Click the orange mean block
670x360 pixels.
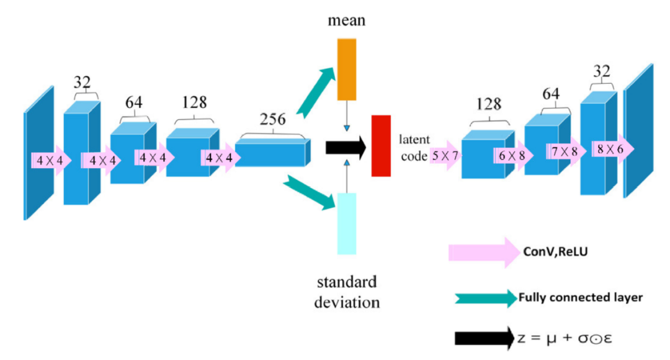point(347,69)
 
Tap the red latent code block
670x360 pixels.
point(381,145)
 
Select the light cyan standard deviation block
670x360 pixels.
point(347,223)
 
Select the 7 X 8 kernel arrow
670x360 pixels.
point(565,151)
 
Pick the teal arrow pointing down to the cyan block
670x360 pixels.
point(308,193)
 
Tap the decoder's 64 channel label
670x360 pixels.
point(551,94)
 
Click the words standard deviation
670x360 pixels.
point(347,292)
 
